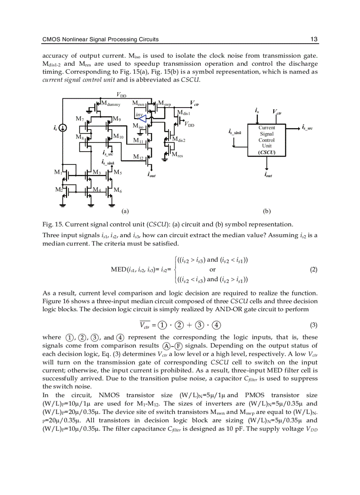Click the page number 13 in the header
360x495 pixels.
click(314, 39)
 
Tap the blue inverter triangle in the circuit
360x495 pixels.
click(142, 117)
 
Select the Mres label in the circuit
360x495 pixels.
click(177, 155)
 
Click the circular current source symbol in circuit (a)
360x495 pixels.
click(63, 128)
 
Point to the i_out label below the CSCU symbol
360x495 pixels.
click(268, 175)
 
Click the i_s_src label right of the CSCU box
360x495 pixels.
click(307, 127)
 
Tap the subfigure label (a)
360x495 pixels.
click(124, 211)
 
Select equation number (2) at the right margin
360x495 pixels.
click(314, 270)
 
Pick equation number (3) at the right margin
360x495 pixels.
click(314, 325)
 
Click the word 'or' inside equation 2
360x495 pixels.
click(212, 269)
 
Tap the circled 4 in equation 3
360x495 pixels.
click(217, 326)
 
